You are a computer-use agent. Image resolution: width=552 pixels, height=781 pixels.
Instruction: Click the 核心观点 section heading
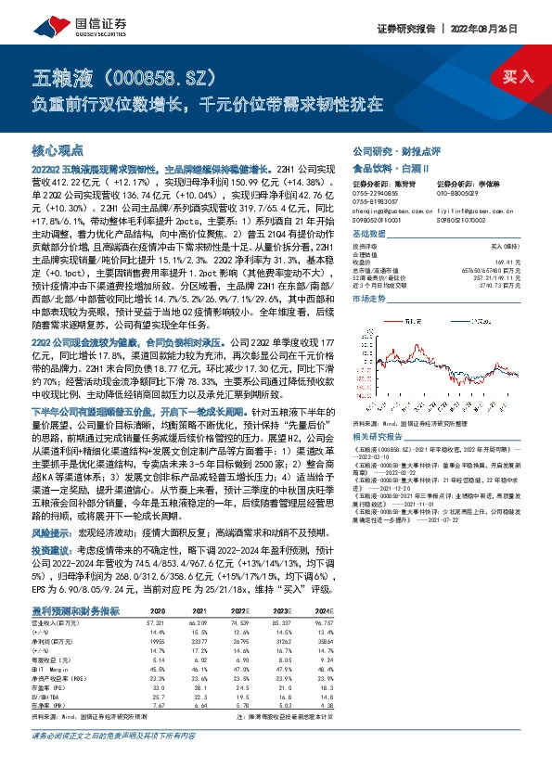[58, 150]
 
